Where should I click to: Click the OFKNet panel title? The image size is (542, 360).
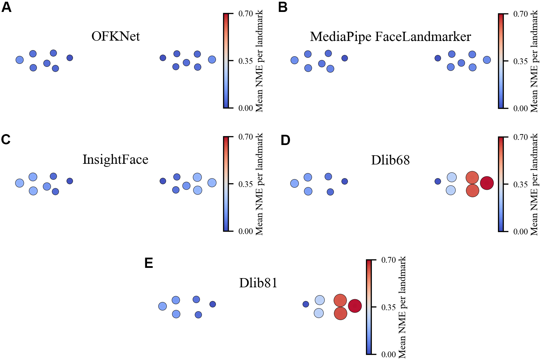[x=116, y=36]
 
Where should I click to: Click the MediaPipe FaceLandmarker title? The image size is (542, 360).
[x=390, y=37]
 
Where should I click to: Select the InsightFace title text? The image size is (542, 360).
[x=115, y=159]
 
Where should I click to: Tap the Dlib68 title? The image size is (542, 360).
[x=390, y=160]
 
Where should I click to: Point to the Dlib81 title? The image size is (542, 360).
[x=258, y=283]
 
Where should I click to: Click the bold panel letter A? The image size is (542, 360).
[x=6, y=7]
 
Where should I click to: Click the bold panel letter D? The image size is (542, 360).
[x=285, y=140]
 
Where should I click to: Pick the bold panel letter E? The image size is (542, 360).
[x=148, y=263]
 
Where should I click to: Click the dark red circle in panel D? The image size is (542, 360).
[x=487, y=183]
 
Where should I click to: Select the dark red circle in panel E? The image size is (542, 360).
[x=355, y=306]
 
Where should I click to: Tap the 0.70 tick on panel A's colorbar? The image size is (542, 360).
[x=245, y=14]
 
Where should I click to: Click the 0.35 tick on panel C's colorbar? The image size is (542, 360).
[x=245, y=184]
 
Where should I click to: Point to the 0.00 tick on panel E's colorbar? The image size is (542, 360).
[x=388, y=354]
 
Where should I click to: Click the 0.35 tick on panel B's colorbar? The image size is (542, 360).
[x=521, y=61]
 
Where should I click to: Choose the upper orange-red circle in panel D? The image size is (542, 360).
[x=472, y=178]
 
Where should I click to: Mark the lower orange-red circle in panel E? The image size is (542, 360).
[x=340, y=313]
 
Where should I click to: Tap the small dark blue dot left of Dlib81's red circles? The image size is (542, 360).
[x=306, y=304]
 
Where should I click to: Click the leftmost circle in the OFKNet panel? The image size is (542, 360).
[x=20, y=60]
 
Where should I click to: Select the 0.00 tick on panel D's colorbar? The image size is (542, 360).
[x=521, y=231]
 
